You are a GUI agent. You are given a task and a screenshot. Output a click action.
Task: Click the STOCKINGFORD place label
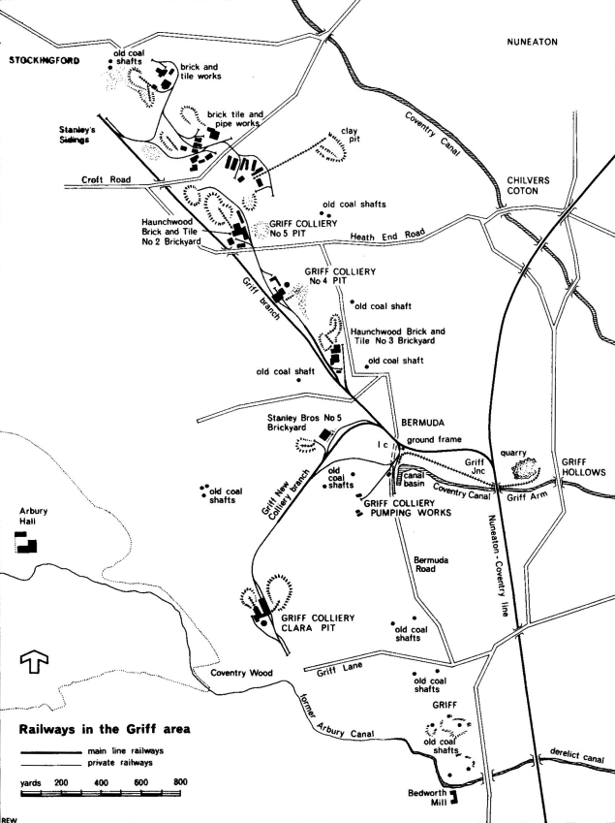point(45,60)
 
